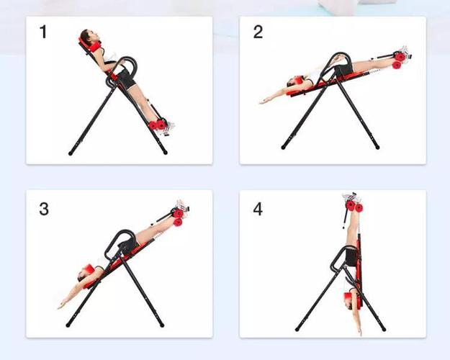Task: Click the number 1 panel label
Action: (x=43, y=32)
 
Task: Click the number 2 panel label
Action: (x=258, y=32)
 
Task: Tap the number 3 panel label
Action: (x=44, y=209)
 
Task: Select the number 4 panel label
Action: (x=258, y=209)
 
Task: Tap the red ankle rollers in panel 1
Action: (x=157, y=125)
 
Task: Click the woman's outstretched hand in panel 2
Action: (x=264, y=102)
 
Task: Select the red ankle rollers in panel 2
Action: (x=399, y=60)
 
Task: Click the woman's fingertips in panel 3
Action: (x=60, y=307)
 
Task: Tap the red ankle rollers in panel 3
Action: (x=178, y=217)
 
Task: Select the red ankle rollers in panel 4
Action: (x=354, y=207)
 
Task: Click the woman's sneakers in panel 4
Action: (x=351, y=197)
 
